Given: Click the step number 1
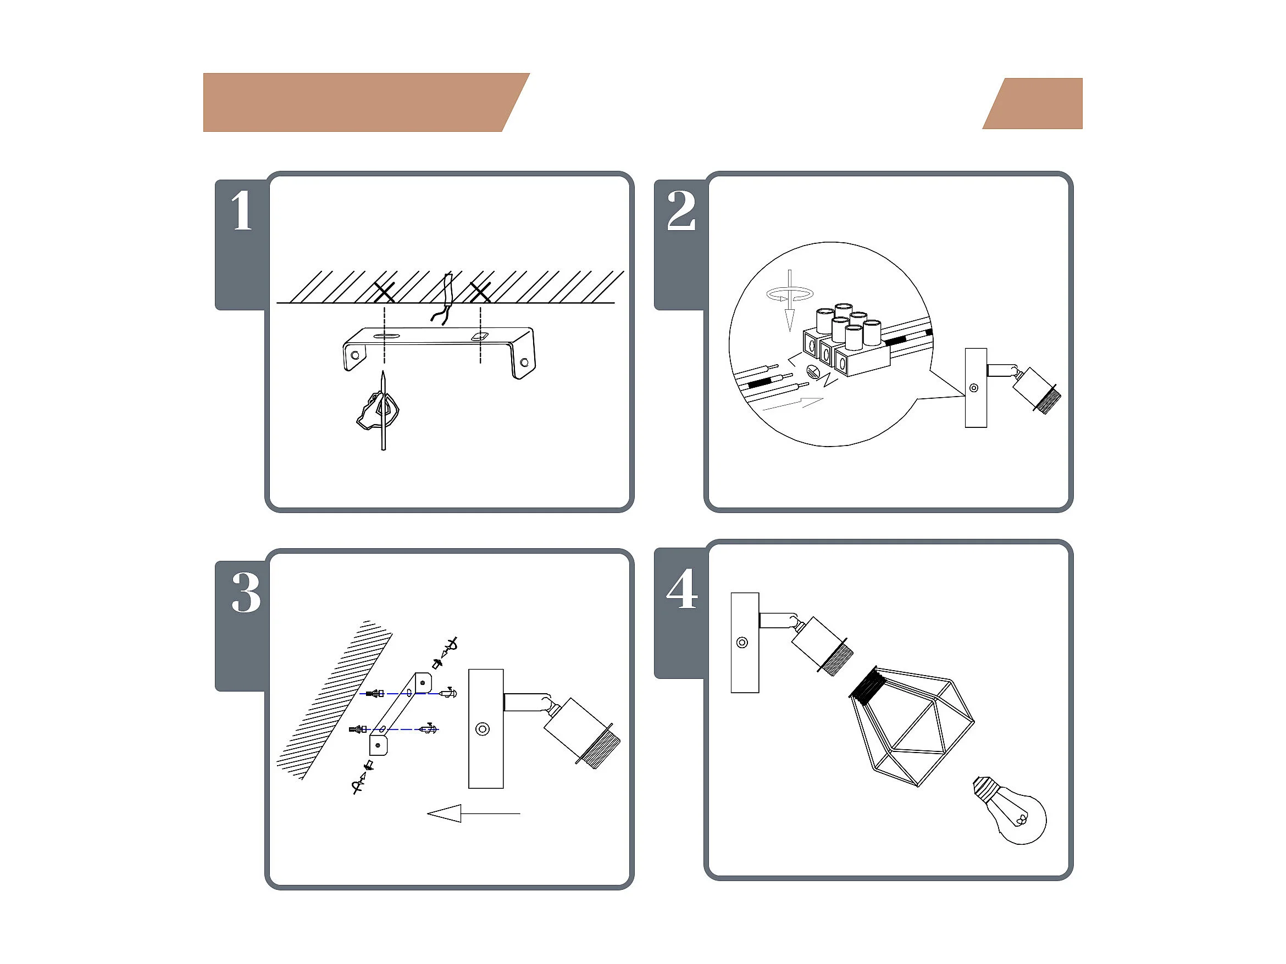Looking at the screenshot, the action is tap(242, 210).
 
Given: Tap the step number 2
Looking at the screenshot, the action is tap(681, 210).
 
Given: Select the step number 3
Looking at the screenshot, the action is tap(246, 592).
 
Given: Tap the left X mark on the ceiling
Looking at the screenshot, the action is tap(384, 292).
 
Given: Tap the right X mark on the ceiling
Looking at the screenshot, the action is tap(480, 292).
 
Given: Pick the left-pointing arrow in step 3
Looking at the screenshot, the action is tap(473, 813).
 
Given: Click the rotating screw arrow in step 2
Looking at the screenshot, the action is tap(789, 300).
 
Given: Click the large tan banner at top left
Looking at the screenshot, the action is tap(366, 102).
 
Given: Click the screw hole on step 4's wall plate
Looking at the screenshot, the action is tap(742, 643).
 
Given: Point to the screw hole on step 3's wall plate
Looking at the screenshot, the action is tap(482, 729).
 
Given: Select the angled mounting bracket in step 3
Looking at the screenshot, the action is tap(400, 714).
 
